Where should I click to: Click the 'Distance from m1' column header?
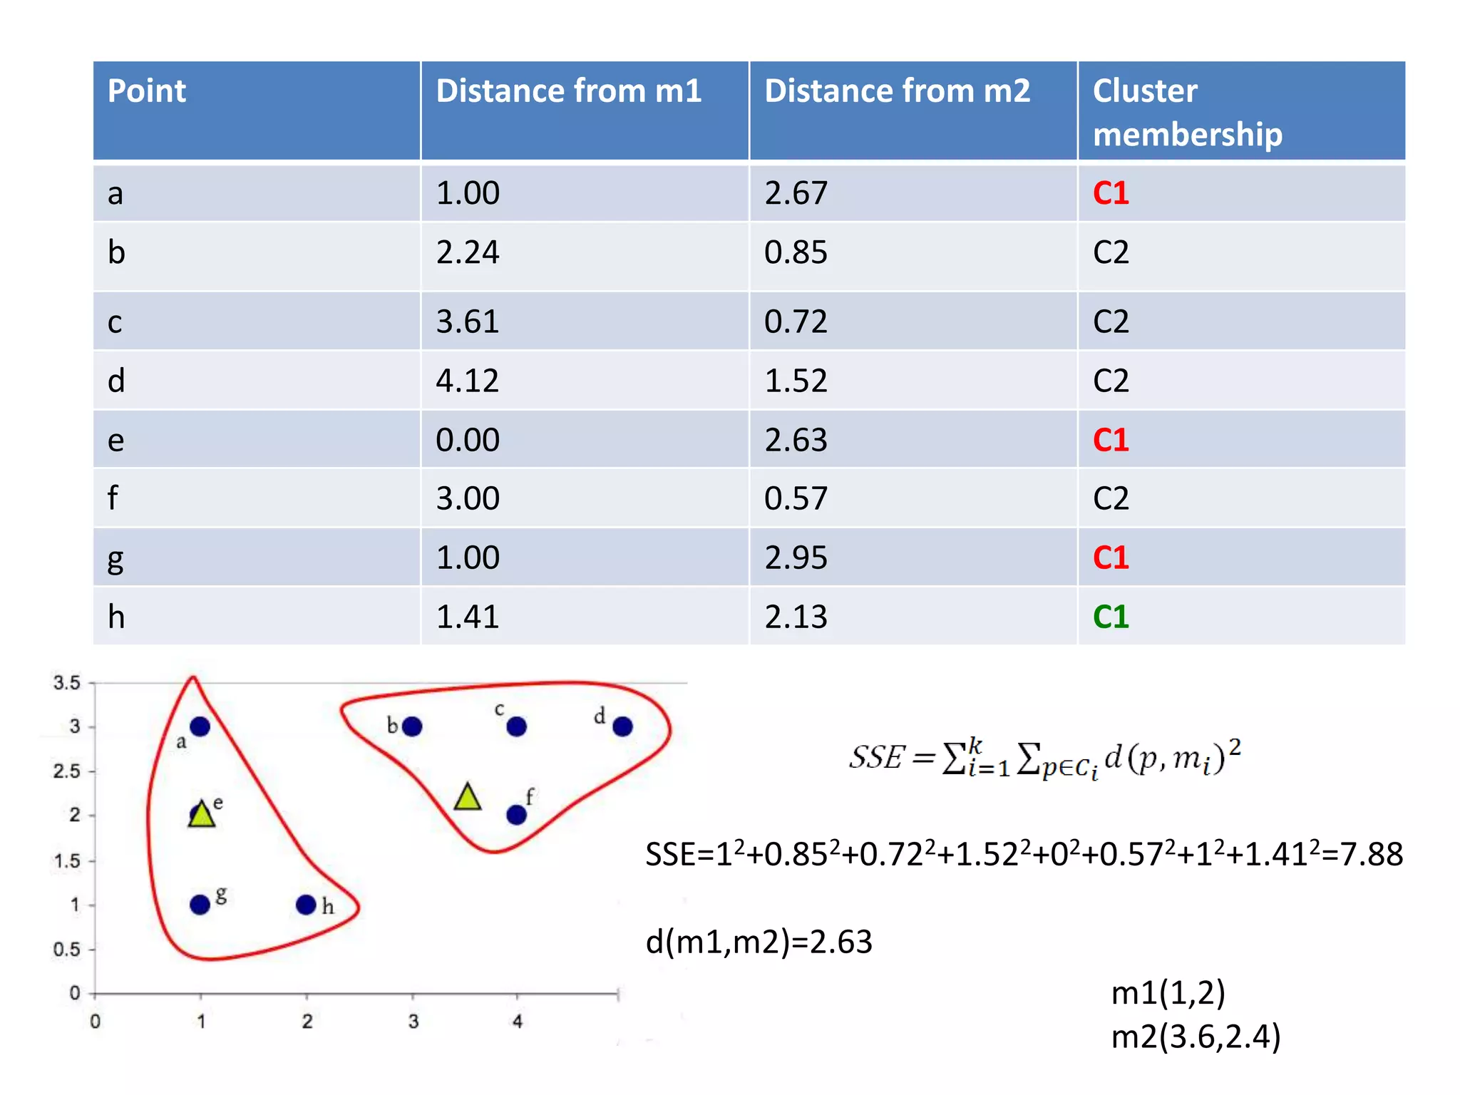coord(568,91)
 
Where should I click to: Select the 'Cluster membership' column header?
coord(1187,112)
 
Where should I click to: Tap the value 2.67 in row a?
coord(796,193)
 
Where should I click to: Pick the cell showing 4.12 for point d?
coord(467,381)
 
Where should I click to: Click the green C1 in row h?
coord(1110,617)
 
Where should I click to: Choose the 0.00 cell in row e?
coord(467,440)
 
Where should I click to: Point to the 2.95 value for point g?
coord(796,557)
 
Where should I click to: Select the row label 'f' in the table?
coord(113,498)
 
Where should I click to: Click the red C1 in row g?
coord(1110,557)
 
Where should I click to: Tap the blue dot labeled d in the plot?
coord(622,726)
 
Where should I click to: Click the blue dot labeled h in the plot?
coord(306,905)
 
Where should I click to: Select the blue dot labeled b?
coord(412,726)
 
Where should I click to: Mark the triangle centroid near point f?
coord(468,798)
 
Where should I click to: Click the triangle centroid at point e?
coord(202,814)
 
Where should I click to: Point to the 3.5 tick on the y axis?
coord(67,683)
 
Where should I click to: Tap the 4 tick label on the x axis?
coord(518,1022)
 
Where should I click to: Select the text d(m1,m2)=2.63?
coord(759,942)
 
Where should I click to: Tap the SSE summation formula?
coord(1044,757)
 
